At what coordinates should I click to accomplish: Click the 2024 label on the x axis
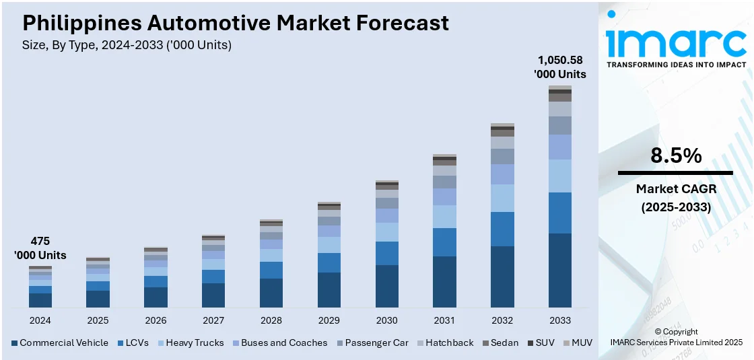coord(40,320)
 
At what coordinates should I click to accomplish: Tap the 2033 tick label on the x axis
coord(560,320)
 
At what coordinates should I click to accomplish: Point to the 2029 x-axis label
coord(329,320)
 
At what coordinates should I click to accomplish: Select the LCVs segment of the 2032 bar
coord(502,229)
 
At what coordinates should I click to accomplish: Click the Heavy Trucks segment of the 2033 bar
coord(560,176)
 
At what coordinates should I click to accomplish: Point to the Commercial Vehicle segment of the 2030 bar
coord(386,287)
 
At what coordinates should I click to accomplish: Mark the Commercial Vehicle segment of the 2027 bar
coord(213,295)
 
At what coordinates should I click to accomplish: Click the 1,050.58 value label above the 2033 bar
coord(560,60)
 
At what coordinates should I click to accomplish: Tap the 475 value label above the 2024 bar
coord(40,241)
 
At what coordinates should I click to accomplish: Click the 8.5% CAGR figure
coord(676,156)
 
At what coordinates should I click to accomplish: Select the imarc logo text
coord(676,42)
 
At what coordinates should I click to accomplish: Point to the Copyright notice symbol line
coord(676,332)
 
